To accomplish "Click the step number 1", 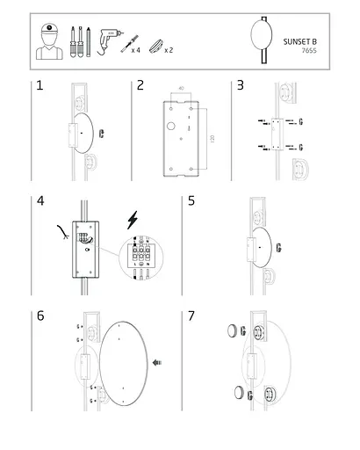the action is [x=40, y=85].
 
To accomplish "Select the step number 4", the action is [x=40, y=200].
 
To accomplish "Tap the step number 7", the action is [x=191, y=316].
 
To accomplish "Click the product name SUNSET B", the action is [x=299, y=41].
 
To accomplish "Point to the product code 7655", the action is [x=309, y=50].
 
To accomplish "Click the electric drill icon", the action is [x=109, y=41].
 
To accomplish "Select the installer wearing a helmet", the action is [x=49, y=41].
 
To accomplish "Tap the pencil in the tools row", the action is [x=88, y=41].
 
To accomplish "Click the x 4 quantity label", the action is [x=136, y=50].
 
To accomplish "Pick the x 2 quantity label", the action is [x=169, y=50].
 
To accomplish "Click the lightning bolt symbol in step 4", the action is [x=133, y=220].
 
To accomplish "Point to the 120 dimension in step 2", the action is [x=212, y=139].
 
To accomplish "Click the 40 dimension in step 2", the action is [x=181, y=88].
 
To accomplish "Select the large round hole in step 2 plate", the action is [x=171, y=127].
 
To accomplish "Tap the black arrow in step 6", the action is [x=157, y=363].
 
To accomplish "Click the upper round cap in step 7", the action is [x=232, y=330].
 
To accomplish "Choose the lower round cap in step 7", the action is [x=239, y=392].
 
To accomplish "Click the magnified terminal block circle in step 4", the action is [x=141, y=258].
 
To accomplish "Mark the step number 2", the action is [x=140, y=85].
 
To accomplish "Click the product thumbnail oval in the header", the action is [x=262, y=34].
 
